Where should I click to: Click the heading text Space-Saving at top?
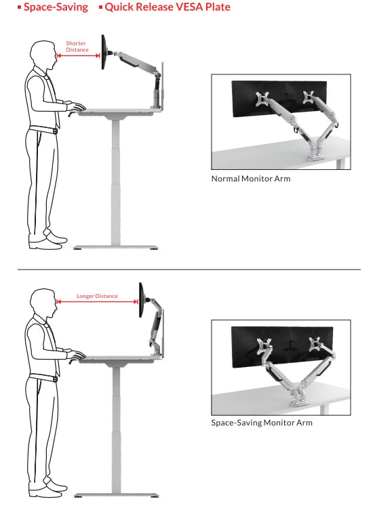click(x=56, y=7)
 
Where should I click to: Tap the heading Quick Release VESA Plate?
click(x=168, y=7)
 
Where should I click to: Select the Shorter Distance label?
click(x=77, y=47)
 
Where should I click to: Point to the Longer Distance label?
click(x=97, y=296)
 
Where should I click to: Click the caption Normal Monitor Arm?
click(x=251, y=179)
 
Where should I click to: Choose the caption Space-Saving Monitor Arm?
click(x=262, y=423)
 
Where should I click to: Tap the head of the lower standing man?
click(x=43, y=303)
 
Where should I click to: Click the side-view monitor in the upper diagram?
click(x=104, y=52)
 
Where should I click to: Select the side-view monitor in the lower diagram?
click(x=141, y=300)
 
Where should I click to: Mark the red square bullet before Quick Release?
click(x=101, y=7)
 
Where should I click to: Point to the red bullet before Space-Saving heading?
click(x=20, y=7)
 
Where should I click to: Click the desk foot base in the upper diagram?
click(x=115, y=247)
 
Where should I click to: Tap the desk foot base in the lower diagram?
click(x=116, y=495)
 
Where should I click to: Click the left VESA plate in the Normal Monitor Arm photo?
click(x=262, y=98)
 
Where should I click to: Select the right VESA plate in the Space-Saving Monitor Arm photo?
click(x=316, y=344)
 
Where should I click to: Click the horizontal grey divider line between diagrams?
click(x=189, y=270)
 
